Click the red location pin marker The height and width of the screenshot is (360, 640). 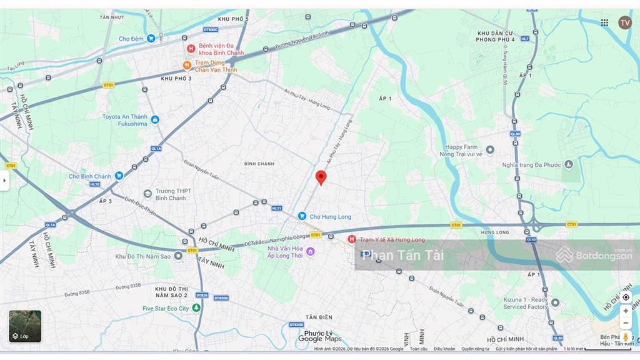pyautogui.click(x=321, y=177)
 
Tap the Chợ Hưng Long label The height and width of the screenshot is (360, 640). pyautogui.click(x=330, y=217)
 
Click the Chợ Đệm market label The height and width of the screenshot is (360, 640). pyautogui.click(x=131, y=39)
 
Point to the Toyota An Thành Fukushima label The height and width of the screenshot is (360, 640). pyautogui.click(x=124, y=120)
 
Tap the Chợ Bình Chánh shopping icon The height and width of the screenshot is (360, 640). pyautogui.click(x=119, y=176)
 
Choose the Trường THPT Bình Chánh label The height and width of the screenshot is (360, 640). pyautogui.click(x=171, y=194)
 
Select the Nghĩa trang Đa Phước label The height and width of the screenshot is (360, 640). pyautogui.click(x=532, y=165)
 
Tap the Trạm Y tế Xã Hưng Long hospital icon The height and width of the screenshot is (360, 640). pyautogui.click(x=351, y=239)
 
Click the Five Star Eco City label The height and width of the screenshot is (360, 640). pyautogui.click(x=166, y=308)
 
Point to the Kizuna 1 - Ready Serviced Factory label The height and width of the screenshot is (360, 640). pyautogui.click(x=525, y=303)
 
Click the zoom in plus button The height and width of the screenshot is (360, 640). pyautogui.click(x=626, y=311)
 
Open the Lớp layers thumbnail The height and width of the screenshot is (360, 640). pyautogui.click(x=25, y=326)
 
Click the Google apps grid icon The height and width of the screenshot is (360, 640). pyautogui.click(x=604, y=22)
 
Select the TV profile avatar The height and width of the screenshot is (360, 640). pyautogui.click(x=625, y=22)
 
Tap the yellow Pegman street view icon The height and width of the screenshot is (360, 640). pyautogui.click(x=626, y=337)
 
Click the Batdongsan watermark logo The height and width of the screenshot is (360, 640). pyautogui.click(x=594, y=255)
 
